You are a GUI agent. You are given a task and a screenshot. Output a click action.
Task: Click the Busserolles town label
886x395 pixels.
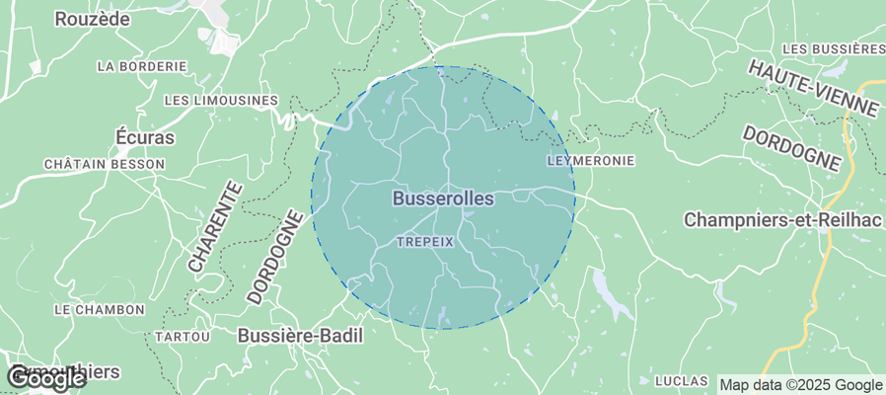(443, 198)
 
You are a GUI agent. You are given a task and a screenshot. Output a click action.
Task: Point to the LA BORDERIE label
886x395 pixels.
(142, 66)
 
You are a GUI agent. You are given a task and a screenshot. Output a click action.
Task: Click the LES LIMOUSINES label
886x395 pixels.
(221, 101)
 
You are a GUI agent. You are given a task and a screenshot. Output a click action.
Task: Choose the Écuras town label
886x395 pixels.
(145, 137)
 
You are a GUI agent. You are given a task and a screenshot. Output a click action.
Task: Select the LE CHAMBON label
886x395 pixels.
(99, 309)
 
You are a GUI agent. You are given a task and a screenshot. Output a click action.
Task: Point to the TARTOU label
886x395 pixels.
(183, 337)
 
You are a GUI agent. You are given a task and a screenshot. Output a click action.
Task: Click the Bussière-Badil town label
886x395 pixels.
(301, 336)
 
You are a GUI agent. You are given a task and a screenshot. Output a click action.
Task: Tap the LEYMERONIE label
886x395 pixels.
(590, 160)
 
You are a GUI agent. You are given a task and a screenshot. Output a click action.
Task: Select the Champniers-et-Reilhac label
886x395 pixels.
(781, 219)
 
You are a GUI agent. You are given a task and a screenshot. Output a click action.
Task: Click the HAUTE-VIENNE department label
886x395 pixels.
(813, 88)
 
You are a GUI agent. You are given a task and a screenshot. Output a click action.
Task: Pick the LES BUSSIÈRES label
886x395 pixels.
(833, 48)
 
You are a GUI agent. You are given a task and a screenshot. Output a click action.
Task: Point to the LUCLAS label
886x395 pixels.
(682, 380)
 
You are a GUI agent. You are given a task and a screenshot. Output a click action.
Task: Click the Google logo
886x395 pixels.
(45, 377)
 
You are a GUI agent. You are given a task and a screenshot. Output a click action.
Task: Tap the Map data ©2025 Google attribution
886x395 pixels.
(800, 385)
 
